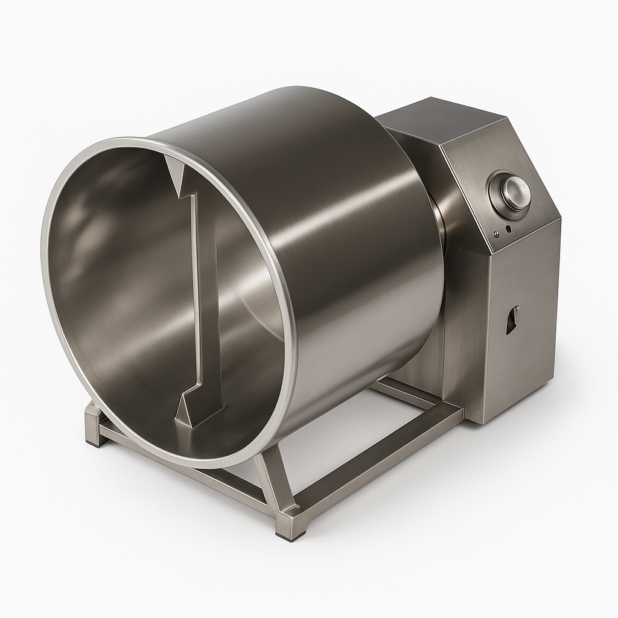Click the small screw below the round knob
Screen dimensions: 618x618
[x=495, y=234]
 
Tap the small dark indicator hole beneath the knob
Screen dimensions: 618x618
[x=508, y=229]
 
